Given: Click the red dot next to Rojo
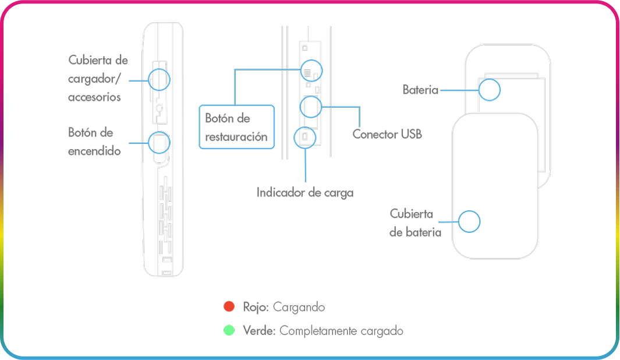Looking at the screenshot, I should tap(229, 306).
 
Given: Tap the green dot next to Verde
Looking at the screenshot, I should tap(229, 330).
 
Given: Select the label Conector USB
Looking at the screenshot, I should tap(387, 134).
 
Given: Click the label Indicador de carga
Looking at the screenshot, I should tap(305, 192).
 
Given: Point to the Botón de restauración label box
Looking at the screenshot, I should tap(236, 127).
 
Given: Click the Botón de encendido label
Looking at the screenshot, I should tap(94, 142).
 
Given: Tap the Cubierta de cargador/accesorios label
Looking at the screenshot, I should tap(97, 79).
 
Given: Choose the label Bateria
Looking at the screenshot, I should tap(420, 90).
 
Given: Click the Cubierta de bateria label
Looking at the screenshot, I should tap(415, 223).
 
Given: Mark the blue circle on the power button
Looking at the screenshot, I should tap(159, 142).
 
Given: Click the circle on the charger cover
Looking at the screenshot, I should tap(159, 79).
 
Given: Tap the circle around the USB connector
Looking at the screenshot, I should tap(310, 107).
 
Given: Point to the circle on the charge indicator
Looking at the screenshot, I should tap(306, 137).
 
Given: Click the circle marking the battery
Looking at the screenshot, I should tap(489, 89).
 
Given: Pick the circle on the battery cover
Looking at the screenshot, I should tap(469, 221).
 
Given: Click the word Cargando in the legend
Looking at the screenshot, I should tap(299, 306).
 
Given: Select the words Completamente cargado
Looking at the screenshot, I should tap(341, 330).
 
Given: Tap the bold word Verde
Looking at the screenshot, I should tap(259, 330).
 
